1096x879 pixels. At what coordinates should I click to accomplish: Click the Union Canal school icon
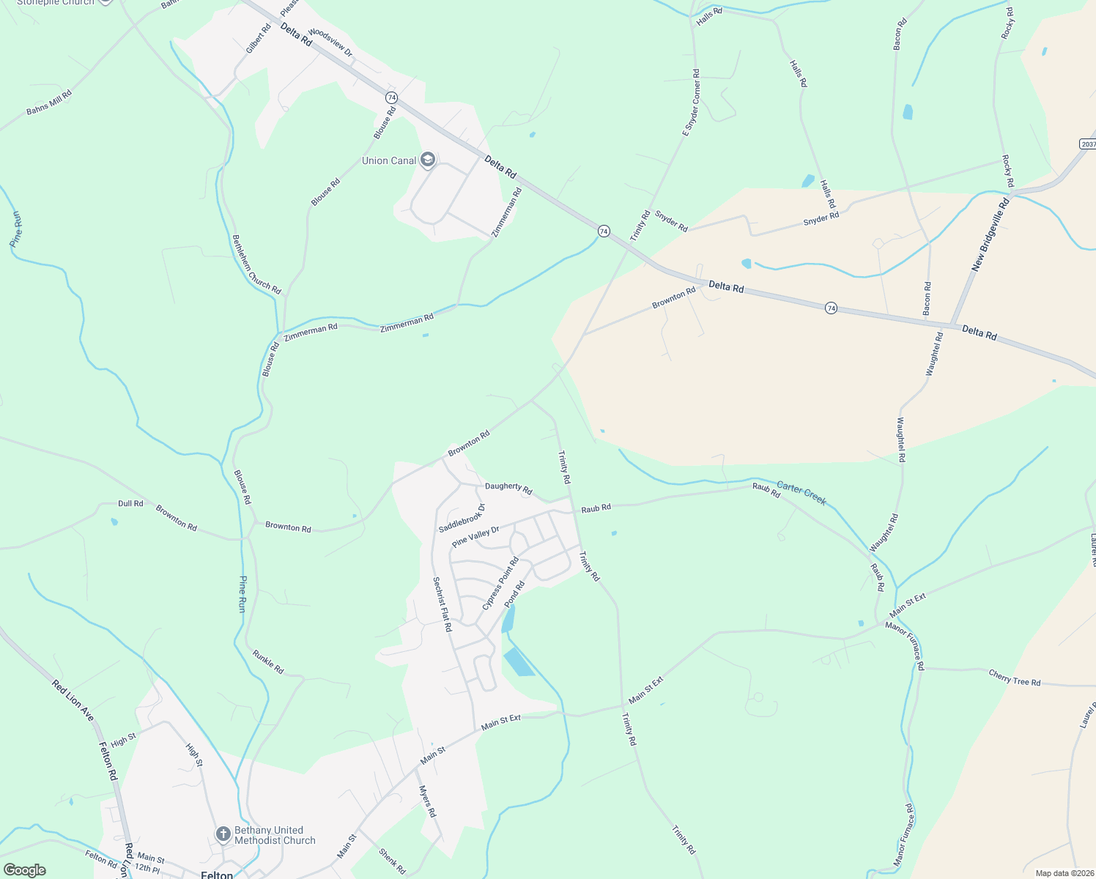pyautogui.click(x=428, y=160)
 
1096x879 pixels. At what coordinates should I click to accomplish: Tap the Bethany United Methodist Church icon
pyautogui.click(x=223, y=834)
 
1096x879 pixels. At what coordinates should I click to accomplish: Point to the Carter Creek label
pyautogui.click(x=801, y=493)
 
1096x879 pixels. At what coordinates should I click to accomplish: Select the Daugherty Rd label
pyautogui.click(x=508, y=487)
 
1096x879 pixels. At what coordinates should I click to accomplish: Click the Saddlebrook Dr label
pyautogui.click(x=462, y=518)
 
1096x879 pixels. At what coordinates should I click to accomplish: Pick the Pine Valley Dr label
pyautogui.click(x=475, y=537)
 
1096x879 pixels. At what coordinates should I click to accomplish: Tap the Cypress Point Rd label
pyautogui.click(x=500, y=583)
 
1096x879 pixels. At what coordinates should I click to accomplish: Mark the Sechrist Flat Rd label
pyautogui.click(x=442, y=604)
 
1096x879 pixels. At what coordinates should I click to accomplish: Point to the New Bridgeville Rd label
pyautogui.click(x=991, y=234)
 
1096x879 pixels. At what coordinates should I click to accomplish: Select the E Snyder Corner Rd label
pyautogui.click(x=692, y=103)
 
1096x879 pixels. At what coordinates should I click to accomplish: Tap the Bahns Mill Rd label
pyautogui.click(x=49, y=102)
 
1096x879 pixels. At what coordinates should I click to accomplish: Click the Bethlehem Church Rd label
pyautogui.click(x=256, y=264)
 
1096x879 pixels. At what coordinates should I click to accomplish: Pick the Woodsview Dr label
pyautogui.click(x=330, y=42)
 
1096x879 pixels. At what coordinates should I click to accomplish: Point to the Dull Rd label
pyautogui.click(x=130, y=504)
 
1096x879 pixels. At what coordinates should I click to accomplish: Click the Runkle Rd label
pyautogui.click(x=267, y=661)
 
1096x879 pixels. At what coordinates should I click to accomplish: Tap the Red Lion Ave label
pyautogui.click(x=73, y=700)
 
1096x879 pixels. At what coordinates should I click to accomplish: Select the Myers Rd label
pyautogui.click(x=427, y=801)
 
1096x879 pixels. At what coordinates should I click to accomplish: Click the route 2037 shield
pyautogui.click(x=1088, y=144)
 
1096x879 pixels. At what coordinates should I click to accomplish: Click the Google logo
pyautogui.click(x=24, y=869)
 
